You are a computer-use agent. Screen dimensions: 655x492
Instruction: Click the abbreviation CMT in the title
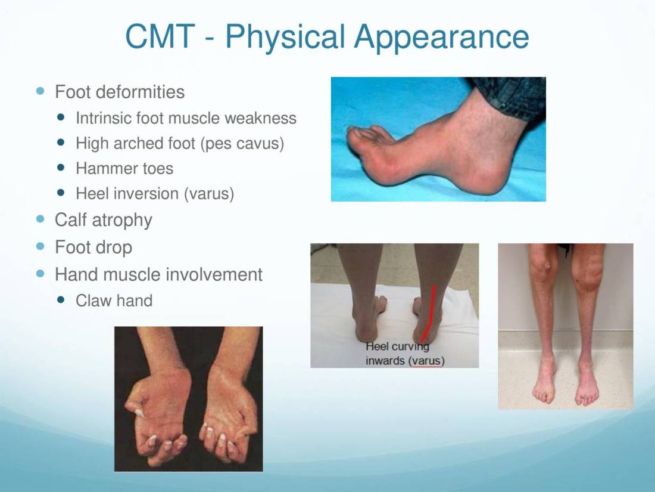160,36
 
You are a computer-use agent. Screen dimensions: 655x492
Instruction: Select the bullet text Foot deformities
120,92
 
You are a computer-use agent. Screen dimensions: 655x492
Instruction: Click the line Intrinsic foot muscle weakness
186,118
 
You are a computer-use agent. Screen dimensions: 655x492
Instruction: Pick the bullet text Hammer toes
124,168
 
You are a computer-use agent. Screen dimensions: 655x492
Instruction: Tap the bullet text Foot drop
93,247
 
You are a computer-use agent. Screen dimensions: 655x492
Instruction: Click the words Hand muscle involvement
159,274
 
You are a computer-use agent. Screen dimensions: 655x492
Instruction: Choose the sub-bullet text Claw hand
114,301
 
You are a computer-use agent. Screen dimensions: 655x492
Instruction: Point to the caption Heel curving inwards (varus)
405,354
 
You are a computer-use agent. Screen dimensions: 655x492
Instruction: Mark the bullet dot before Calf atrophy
40,219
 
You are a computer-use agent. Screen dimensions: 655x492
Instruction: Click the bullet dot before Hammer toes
61,168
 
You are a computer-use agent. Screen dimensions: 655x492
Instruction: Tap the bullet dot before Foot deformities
40,91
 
